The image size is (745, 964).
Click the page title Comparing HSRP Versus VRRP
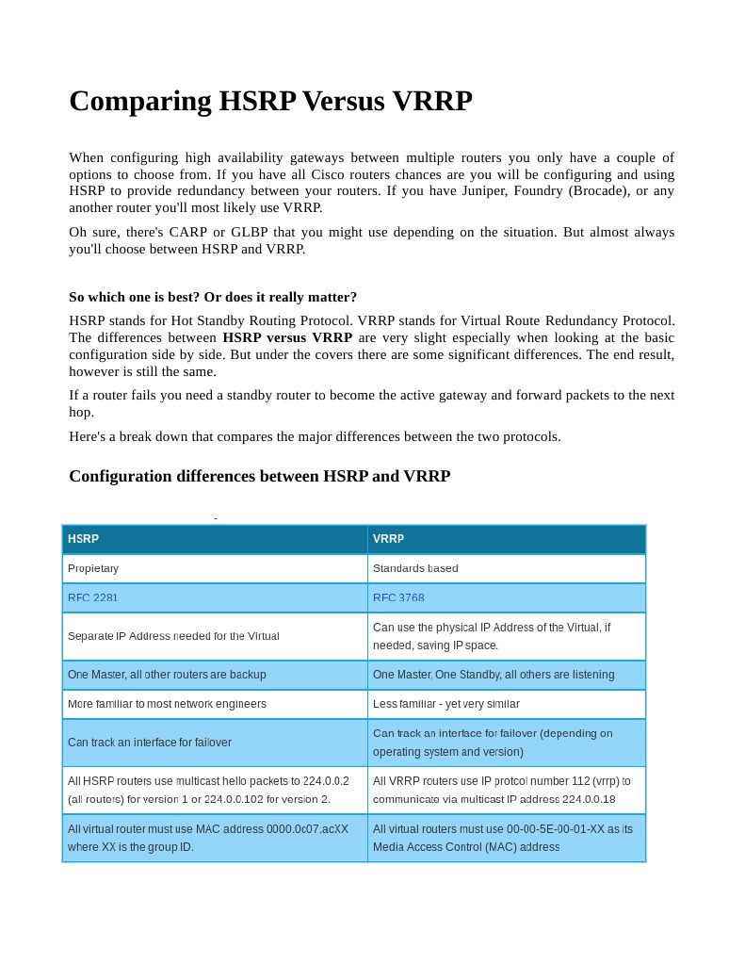point(270,101)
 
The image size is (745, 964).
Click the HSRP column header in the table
point(83,539)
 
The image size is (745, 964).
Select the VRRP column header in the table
point(388,539)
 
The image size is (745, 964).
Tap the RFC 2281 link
point(93,597)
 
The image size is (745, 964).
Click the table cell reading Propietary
point(93,568)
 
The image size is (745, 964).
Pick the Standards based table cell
point(415,568)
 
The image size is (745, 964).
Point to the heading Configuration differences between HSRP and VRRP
point(259,476)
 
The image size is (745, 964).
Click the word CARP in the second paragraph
point(188,232)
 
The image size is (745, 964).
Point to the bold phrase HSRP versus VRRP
point(287,337)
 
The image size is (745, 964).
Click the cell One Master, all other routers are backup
point(167,675)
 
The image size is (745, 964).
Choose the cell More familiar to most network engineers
point(167,704)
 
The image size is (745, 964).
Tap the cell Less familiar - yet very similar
point(445,704)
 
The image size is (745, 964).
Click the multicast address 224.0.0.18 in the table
point(587,799)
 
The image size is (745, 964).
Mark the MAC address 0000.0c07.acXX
point(298,829)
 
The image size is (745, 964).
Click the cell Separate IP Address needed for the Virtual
point(173,636)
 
